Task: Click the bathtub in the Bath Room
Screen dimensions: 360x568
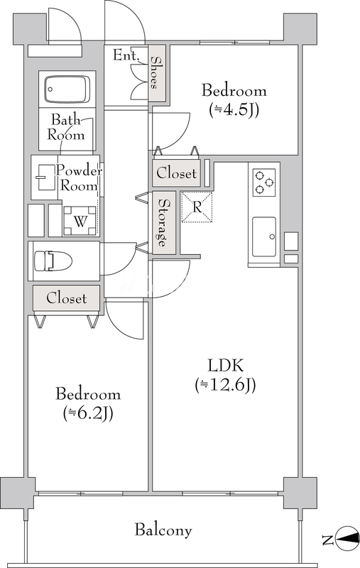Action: tap(67, 89)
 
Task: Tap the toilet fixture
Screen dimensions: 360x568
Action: tap(53, 261)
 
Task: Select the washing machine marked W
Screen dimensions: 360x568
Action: tap(80, 221)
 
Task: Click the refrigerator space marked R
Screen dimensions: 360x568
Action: tap(197, 207)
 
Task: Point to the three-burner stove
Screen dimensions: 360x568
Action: tap(264, 182)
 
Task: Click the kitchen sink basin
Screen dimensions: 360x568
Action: tap(264, 237)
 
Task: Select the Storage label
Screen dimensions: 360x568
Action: tap(163, 223)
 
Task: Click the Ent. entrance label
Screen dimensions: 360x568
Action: tap(126, 55)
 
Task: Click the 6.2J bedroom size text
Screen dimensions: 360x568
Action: tap(88, 413)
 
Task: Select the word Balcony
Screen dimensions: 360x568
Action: tap(163, 530)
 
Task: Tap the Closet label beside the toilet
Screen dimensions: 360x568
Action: tap(66, 298)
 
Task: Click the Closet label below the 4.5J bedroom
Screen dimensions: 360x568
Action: tap(176, 173)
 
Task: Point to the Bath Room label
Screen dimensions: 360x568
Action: tap(65, 127)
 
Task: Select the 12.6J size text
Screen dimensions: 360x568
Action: tap(225, 385)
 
